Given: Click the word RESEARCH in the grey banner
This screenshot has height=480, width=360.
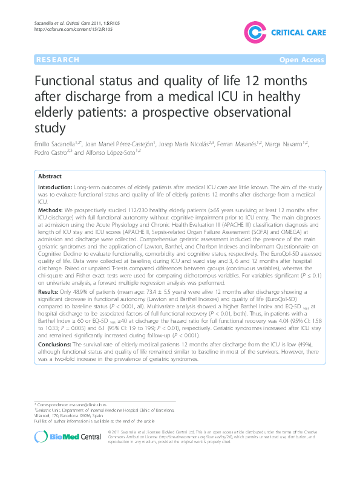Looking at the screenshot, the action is (x=57, y=60).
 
